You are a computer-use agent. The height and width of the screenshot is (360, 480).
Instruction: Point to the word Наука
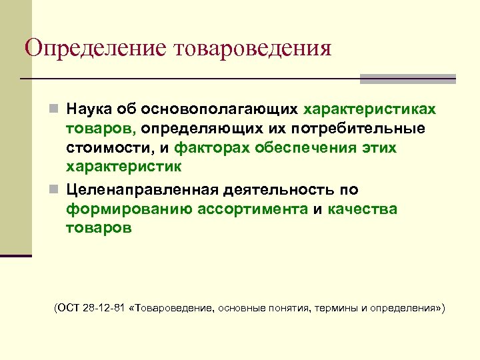[92, 109]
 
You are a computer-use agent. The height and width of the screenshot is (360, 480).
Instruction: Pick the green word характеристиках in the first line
[371, 109]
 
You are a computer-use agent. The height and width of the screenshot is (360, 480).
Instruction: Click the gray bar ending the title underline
[408, 79]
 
